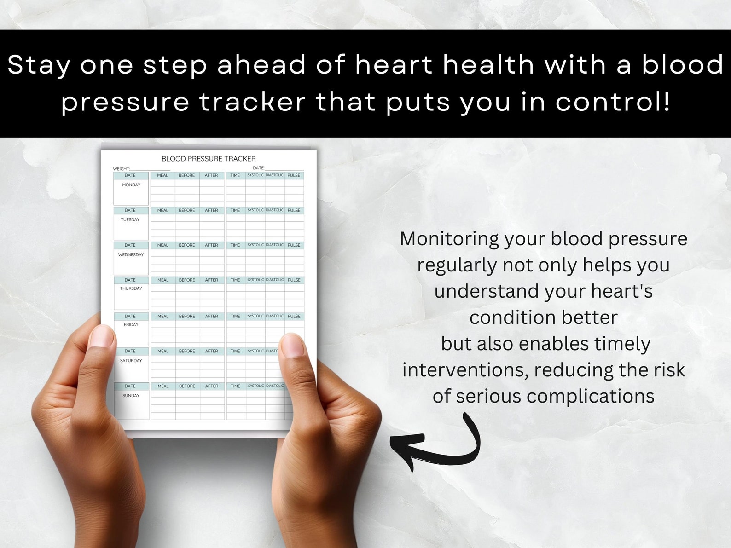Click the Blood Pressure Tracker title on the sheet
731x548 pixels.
[x=209, y=159]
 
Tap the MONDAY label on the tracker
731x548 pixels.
[x=131, y=185]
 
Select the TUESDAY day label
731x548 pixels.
[x=130, y=220]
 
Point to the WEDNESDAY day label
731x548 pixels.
[x=131, y=255]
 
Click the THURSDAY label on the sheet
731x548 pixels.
[x=131, y=288]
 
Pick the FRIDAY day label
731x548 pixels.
[x=131, y=325]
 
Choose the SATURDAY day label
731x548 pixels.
[x=131, y=361]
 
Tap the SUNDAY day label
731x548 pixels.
[x=131, y=396]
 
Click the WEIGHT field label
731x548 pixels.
[x=122, y=169]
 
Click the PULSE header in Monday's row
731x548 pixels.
[x=294, y=175]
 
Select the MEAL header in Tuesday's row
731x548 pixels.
[x=163, y=210]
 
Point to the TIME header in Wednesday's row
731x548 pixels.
[x=235, y=245]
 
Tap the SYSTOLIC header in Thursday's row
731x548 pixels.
[x=255, y=280]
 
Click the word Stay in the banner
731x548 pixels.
[x=39, y=65]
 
